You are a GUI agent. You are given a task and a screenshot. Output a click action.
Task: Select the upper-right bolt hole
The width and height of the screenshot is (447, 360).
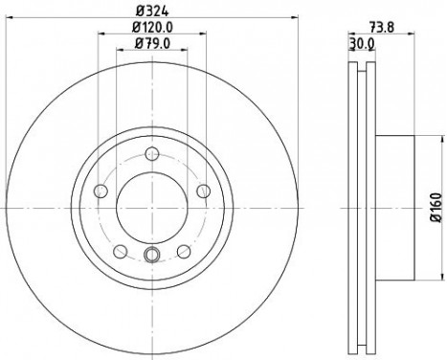203,191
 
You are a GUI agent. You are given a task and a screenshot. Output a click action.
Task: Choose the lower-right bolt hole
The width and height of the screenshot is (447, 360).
183,252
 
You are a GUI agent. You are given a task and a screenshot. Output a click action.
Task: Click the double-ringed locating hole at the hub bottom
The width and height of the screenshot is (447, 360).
151,254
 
